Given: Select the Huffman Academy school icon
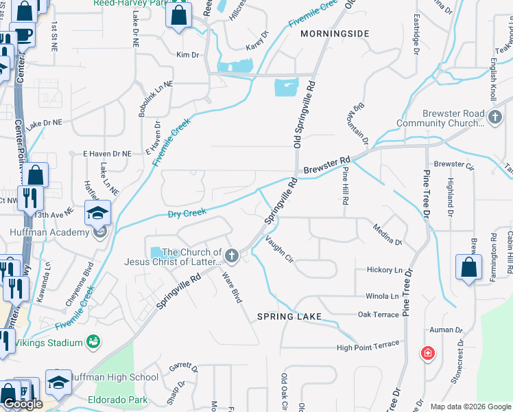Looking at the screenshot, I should [x=98, y=213].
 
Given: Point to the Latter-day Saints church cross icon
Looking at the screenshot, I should [x=232, y=257].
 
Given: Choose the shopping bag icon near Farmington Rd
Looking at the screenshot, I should [x=468, y=268].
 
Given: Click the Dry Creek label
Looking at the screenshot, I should [x=187, y=214].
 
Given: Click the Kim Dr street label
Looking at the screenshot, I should [x=187, y=54].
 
